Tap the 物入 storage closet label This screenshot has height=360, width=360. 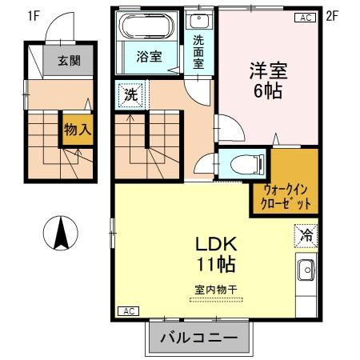[x=77, y=130]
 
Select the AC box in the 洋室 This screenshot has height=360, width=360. [x=305, y=18]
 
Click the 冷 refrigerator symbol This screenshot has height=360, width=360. [x=305, y=235]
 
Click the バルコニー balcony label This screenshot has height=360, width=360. [x=198, y=338]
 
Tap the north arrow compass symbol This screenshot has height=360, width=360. [x=60, y=233]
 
